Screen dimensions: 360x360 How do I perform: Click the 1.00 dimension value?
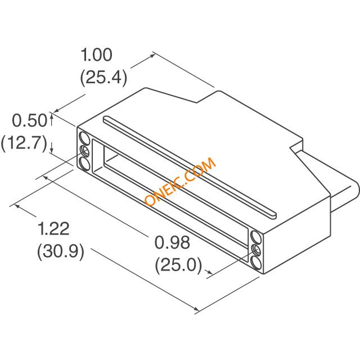tap(96, 55)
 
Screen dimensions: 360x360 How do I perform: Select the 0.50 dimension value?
tap(29, 120)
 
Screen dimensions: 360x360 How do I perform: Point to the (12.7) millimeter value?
tap(24, 143)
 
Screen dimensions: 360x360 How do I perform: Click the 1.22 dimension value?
tap(53, 229)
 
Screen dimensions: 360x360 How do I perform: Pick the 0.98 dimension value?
tap(172, 242)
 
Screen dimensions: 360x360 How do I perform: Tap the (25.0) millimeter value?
tap(179, 265)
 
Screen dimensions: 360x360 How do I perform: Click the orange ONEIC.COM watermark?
tap(181, 181)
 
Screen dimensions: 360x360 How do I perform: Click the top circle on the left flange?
tap(84, 138)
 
